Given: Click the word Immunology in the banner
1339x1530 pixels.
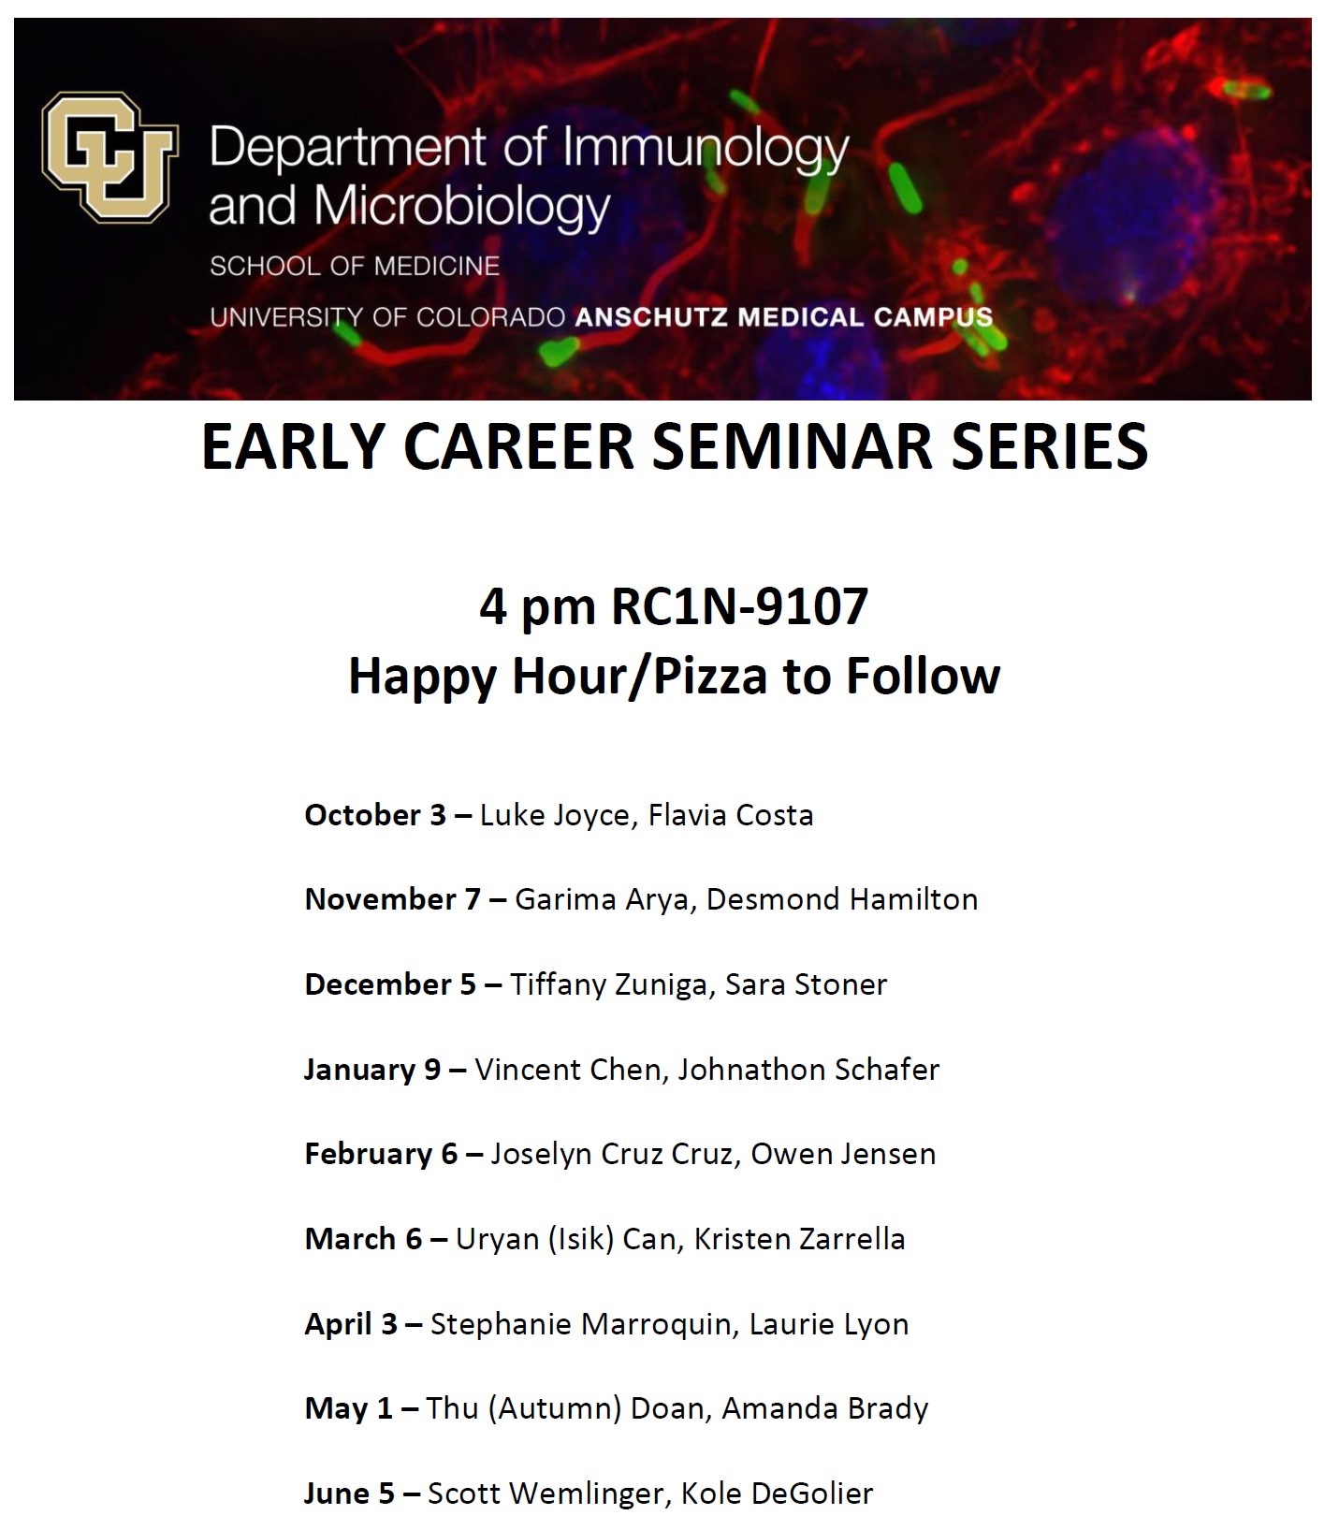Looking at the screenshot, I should pos(706,148).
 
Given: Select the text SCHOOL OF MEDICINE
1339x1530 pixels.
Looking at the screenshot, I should pos(355,266).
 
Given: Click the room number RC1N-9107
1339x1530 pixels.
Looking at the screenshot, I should pos(739,606).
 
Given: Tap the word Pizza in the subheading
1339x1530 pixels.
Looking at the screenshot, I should pos(710,676).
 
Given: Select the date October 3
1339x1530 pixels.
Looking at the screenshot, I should pos(375,815).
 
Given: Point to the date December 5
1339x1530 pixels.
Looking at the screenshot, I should pos(390,984).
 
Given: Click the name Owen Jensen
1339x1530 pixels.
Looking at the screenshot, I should pos(842,1154).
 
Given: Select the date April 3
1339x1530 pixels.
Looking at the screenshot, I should pos(351,1324).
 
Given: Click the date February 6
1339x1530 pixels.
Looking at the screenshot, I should pos(381,1154).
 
